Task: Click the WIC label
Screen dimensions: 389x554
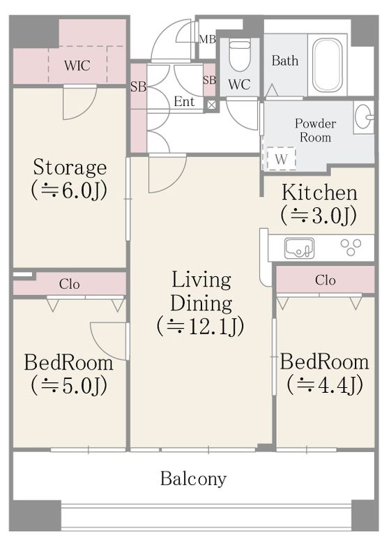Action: (77, 66)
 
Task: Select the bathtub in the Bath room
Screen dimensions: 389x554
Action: (328, 65)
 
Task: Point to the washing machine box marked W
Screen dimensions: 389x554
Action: (281, 158)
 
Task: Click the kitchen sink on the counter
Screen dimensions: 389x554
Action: (299, 248)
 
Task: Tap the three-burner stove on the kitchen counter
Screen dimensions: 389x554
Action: (351, 247)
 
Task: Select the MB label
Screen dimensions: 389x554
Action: (207, 39)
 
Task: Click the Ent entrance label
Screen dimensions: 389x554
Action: (184, 102)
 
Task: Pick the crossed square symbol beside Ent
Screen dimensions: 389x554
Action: (211, 105)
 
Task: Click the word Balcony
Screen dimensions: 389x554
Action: (193, 479)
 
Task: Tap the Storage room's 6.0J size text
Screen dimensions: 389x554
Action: (69, 191)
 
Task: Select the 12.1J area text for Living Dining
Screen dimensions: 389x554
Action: (200, 326)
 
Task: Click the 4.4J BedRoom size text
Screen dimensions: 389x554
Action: (325, 384)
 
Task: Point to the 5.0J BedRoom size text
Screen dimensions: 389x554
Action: (69, 386)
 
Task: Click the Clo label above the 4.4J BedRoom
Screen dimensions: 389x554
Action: (325, 280)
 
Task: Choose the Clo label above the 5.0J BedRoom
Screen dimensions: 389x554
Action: (69, 284)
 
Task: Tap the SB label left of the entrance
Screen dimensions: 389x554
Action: (138, 87)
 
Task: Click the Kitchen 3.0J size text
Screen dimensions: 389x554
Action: (319, 216)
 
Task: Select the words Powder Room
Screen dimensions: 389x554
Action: (315, 130)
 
